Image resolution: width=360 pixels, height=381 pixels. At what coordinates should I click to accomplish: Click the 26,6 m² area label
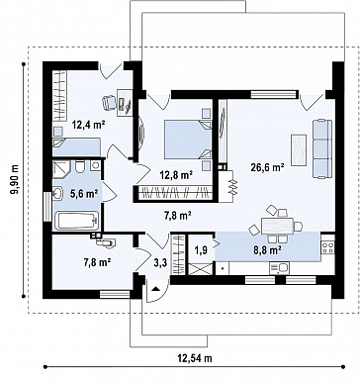268,167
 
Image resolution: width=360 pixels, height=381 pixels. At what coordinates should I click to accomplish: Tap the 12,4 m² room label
89,125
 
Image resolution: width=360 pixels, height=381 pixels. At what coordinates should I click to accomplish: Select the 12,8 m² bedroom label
176,175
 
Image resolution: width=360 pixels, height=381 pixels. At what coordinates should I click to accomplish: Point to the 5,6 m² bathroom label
85,194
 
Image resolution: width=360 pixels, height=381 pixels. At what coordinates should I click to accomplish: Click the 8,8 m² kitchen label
267,250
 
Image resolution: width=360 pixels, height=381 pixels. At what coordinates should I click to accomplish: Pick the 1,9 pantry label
201,250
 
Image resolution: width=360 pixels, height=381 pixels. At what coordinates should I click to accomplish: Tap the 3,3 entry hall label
160,263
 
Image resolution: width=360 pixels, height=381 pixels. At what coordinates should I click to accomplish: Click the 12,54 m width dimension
195,358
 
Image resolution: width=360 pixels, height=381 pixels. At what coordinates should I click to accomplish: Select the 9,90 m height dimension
15,180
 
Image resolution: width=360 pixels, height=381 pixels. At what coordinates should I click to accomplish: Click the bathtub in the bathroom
77,221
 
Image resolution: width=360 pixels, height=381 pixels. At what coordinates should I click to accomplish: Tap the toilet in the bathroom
80,166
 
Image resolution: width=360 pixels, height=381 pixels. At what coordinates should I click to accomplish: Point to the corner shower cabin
61,169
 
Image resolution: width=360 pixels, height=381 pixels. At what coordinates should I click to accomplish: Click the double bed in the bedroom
188,140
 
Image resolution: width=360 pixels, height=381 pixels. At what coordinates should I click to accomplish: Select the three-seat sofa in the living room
322,148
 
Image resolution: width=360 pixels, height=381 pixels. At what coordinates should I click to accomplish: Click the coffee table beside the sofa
299,149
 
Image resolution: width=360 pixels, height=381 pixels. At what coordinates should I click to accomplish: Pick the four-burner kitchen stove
328,247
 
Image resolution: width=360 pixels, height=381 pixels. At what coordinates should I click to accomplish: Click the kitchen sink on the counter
279,268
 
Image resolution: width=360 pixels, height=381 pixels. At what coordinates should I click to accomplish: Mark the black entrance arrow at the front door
155,289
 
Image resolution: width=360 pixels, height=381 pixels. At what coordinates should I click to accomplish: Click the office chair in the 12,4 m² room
109,102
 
